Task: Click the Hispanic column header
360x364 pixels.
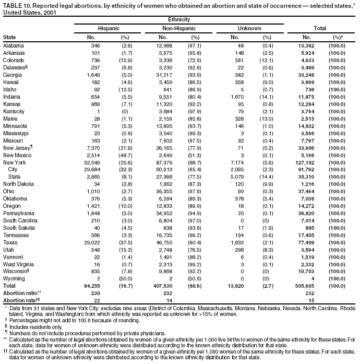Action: [109, 27]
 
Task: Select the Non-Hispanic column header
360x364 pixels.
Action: [179, 27]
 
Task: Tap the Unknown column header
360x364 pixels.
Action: [249, 27]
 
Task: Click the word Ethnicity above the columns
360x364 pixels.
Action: [179, 19]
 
